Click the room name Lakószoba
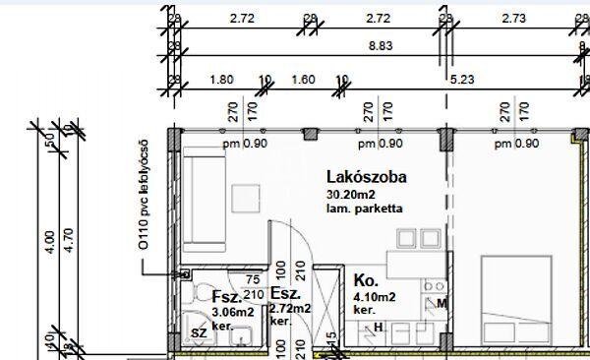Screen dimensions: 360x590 [x=366, y=178]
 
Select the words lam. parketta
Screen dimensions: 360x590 [x=363, y=209]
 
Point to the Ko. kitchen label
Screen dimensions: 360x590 [x=365, y=278]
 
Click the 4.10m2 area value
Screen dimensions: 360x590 [x=375, y=296]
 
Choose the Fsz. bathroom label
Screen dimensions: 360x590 [x=223, y=296]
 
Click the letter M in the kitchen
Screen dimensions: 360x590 [x=442, y=303]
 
